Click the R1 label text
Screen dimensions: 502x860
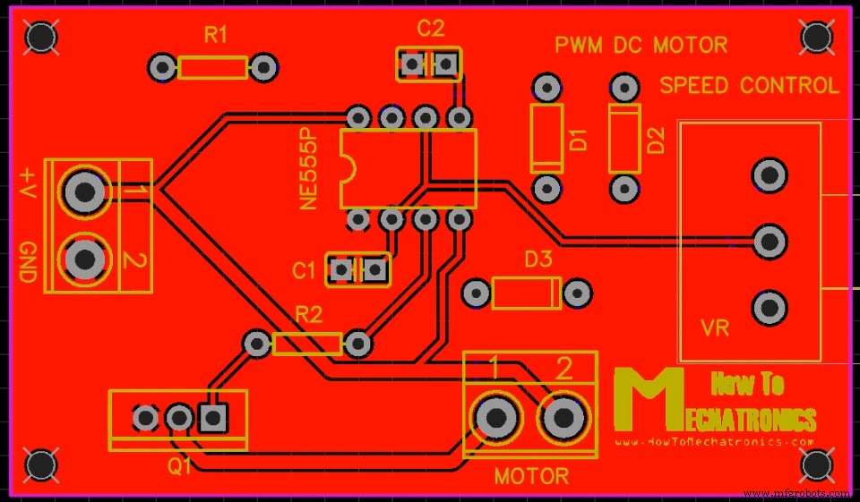tap(216, 36)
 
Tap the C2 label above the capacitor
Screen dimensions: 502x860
tap(430, 29)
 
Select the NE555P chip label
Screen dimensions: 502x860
tap(310, 168)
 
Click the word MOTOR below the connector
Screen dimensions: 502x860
tap(531, 476)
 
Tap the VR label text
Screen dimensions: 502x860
tap(716, 328)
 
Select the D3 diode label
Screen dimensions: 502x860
tap(538, 260)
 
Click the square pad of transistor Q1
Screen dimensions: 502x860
tap(212, 417)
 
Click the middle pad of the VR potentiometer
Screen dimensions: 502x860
tap(769, 241)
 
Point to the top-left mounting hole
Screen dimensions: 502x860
tap(40, 37)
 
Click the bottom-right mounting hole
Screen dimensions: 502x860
tap(817, 464)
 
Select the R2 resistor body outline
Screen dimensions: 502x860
tap(307, 343)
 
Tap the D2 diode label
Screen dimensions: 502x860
tap(657, 140)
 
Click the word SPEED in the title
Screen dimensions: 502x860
tap(695, 86)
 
